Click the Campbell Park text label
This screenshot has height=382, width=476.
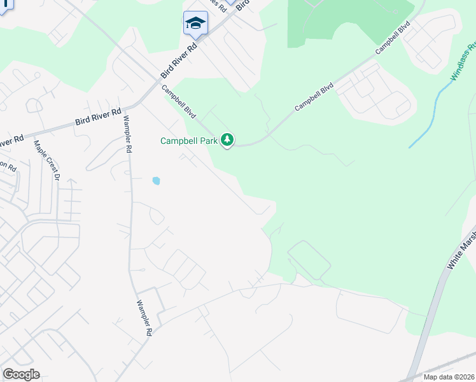point(188,141)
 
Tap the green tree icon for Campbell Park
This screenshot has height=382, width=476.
point(227,140)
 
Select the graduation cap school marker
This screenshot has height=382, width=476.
point(195,24)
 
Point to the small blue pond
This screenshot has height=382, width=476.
point(156,181)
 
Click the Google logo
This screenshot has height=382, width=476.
point(21,374)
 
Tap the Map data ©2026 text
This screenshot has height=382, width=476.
point(449,377)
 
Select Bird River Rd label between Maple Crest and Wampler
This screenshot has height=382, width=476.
point(98,116)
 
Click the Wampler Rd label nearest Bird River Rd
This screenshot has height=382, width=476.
point(127,134)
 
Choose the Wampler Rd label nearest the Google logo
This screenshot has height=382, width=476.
point(144,318)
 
